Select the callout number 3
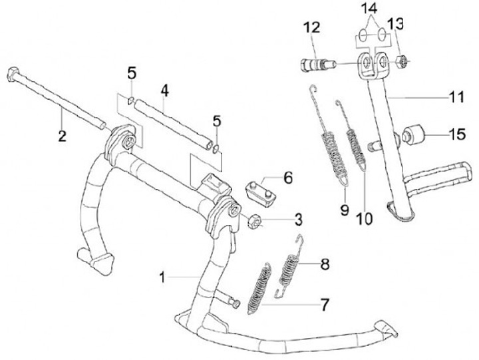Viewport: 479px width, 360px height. tap(299, 218)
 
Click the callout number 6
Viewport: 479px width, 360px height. tap(287, 178)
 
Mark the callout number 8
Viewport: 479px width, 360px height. tap(325, 264)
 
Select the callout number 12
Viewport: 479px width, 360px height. tap(312, 28)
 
